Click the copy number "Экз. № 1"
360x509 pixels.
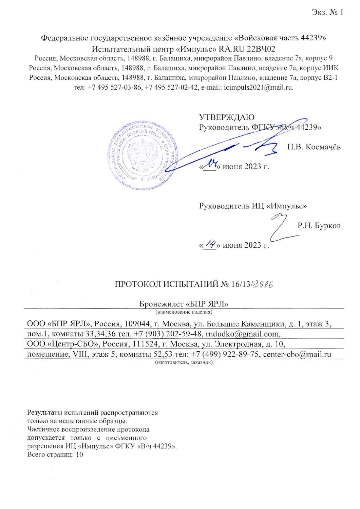(x=328, y=13)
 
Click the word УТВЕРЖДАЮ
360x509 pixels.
(x=226, y=117)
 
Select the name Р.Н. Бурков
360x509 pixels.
(x=319, y=226)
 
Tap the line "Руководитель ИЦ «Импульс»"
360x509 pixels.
(x=253, y=206)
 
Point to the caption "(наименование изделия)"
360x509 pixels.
(x=184, y=311)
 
